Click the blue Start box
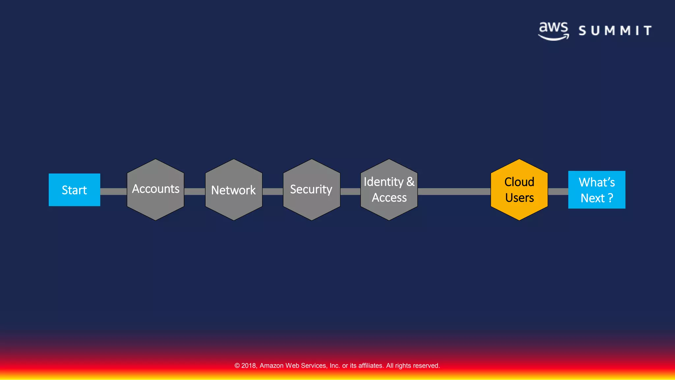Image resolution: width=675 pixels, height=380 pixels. tap(74, 190)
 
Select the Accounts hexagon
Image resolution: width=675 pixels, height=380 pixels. tap(156, 190)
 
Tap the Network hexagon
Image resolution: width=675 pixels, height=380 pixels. tap(234, 190)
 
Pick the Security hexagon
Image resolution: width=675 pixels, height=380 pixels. tap(311, 190)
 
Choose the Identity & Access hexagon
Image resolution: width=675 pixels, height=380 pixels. tap(389, 190)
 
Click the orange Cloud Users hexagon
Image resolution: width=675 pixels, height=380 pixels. tap(519, 190)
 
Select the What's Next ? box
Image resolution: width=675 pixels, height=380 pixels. tap(597, 190)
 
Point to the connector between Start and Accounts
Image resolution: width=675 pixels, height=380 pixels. tap(113, 192)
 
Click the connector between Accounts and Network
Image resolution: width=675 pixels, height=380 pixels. tap(194, 192)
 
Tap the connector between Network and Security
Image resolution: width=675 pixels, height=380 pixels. tap(273, 192)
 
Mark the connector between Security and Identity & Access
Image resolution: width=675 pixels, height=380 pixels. tap(350, 192)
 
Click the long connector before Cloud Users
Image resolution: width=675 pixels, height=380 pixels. tap(454, 192)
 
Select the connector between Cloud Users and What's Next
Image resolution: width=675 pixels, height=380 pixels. tap(558, 192)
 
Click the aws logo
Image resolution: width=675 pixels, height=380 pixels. tap(554, 31)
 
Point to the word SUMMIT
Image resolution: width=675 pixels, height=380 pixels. tap(615, 31)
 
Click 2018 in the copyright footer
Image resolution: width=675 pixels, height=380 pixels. tap(249, 365)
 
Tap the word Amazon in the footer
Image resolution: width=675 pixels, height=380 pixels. tap(272, 365)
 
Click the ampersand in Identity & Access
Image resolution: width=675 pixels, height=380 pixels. tap(410, 182)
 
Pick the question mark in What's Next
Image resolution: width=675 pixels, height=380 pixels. tap(610, 198)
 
